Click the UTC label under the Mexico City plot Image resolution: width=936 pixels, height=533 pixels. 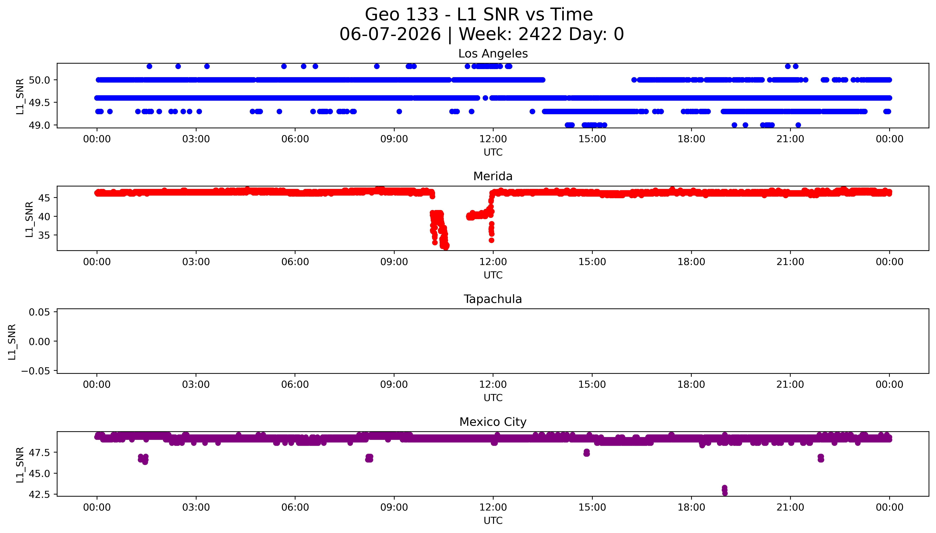tap(493, 521)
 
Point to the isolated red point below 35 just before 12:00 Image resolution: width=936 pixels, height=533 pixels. tap(491, 240)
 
